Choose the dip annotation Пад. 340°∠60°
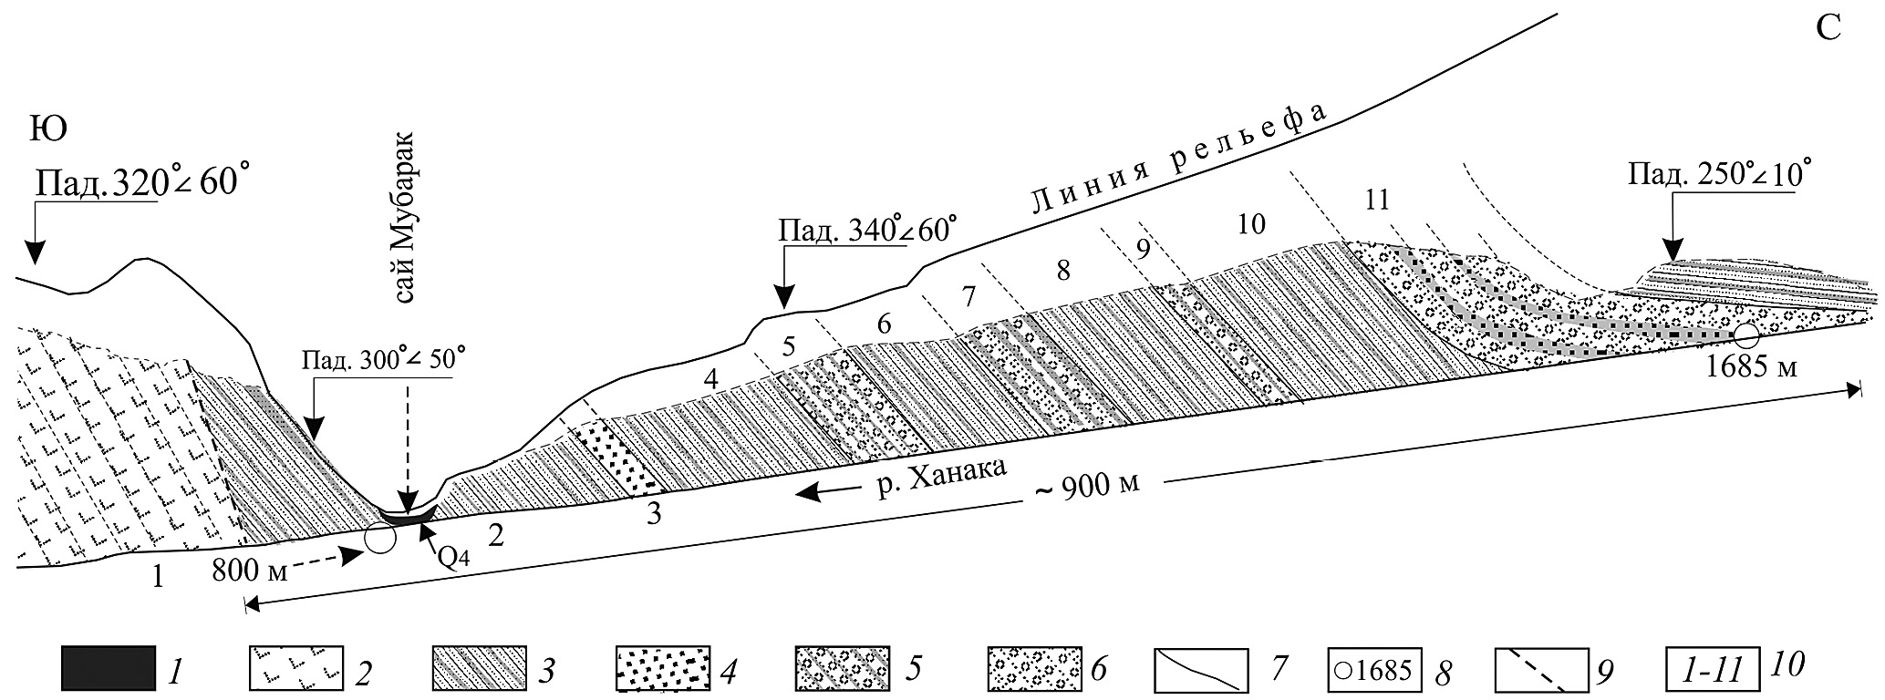coord(868,229)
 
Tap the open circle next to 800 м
coord(380,539)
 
